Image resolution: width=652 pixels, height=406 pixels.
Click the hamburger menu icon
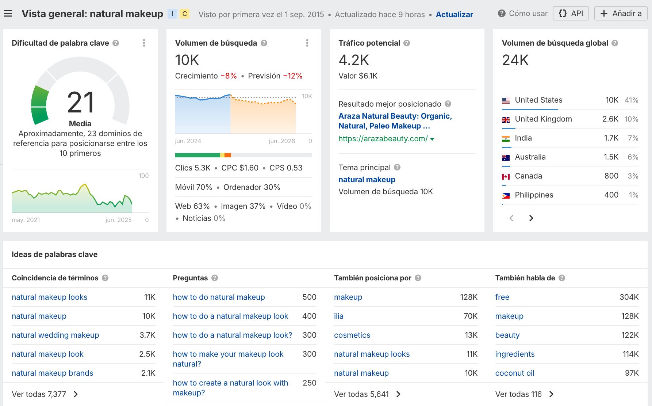pyautogui.click(x=8, y=14)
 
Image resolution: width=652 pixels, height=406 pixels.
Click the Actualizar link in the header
pyautogui.click(x=454, y=15)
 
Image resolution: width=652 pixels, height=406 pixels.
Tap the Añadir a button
pyautogui.click(x=621, y=14)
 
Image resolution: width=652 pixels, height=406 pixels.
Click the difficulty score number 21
pyautogui.click(x=81, y=103)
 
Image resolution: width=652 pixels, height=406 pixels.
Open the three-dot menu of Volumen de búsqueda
pyautogui.click(x=307, y=43)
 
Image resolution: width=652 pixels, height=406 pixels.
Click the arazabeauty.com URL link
pyautogui.click(x=383, y=139)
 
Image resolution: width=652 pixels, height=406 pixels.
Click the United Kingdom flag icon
pyautogui.click(x=506, y=119)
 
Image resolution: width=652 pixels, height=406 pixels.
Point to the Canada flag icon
pyautogui.click(x=506, y=176)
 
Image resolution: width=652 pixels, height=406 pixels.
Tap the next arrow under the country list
pyautogui.click(x=531, y=218)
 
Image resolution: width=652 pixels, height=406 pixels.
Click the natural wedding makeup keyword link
pyautogui.click(x=55, y=335)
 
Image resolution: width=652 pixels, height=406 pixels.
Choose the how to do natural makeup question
pyautogui.click(x=219, y=297)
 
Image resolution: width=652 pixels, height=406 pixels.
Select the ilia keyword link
pyautogui.click(x=338, y=316)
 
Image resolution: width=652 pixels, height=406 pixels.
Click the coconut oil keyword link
pyautogui.click(x=514, y=373)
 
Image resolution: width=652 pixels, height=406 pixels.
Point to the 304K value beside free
pyautogui.click(x=629, y=297)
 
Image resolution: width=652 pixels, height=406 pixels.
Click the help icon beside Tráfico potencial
pyautogui.click(x=407, y=43)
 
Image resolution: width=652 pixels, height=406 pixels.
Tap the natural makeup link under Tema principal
pyautogui.click(x=367, y=180)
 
